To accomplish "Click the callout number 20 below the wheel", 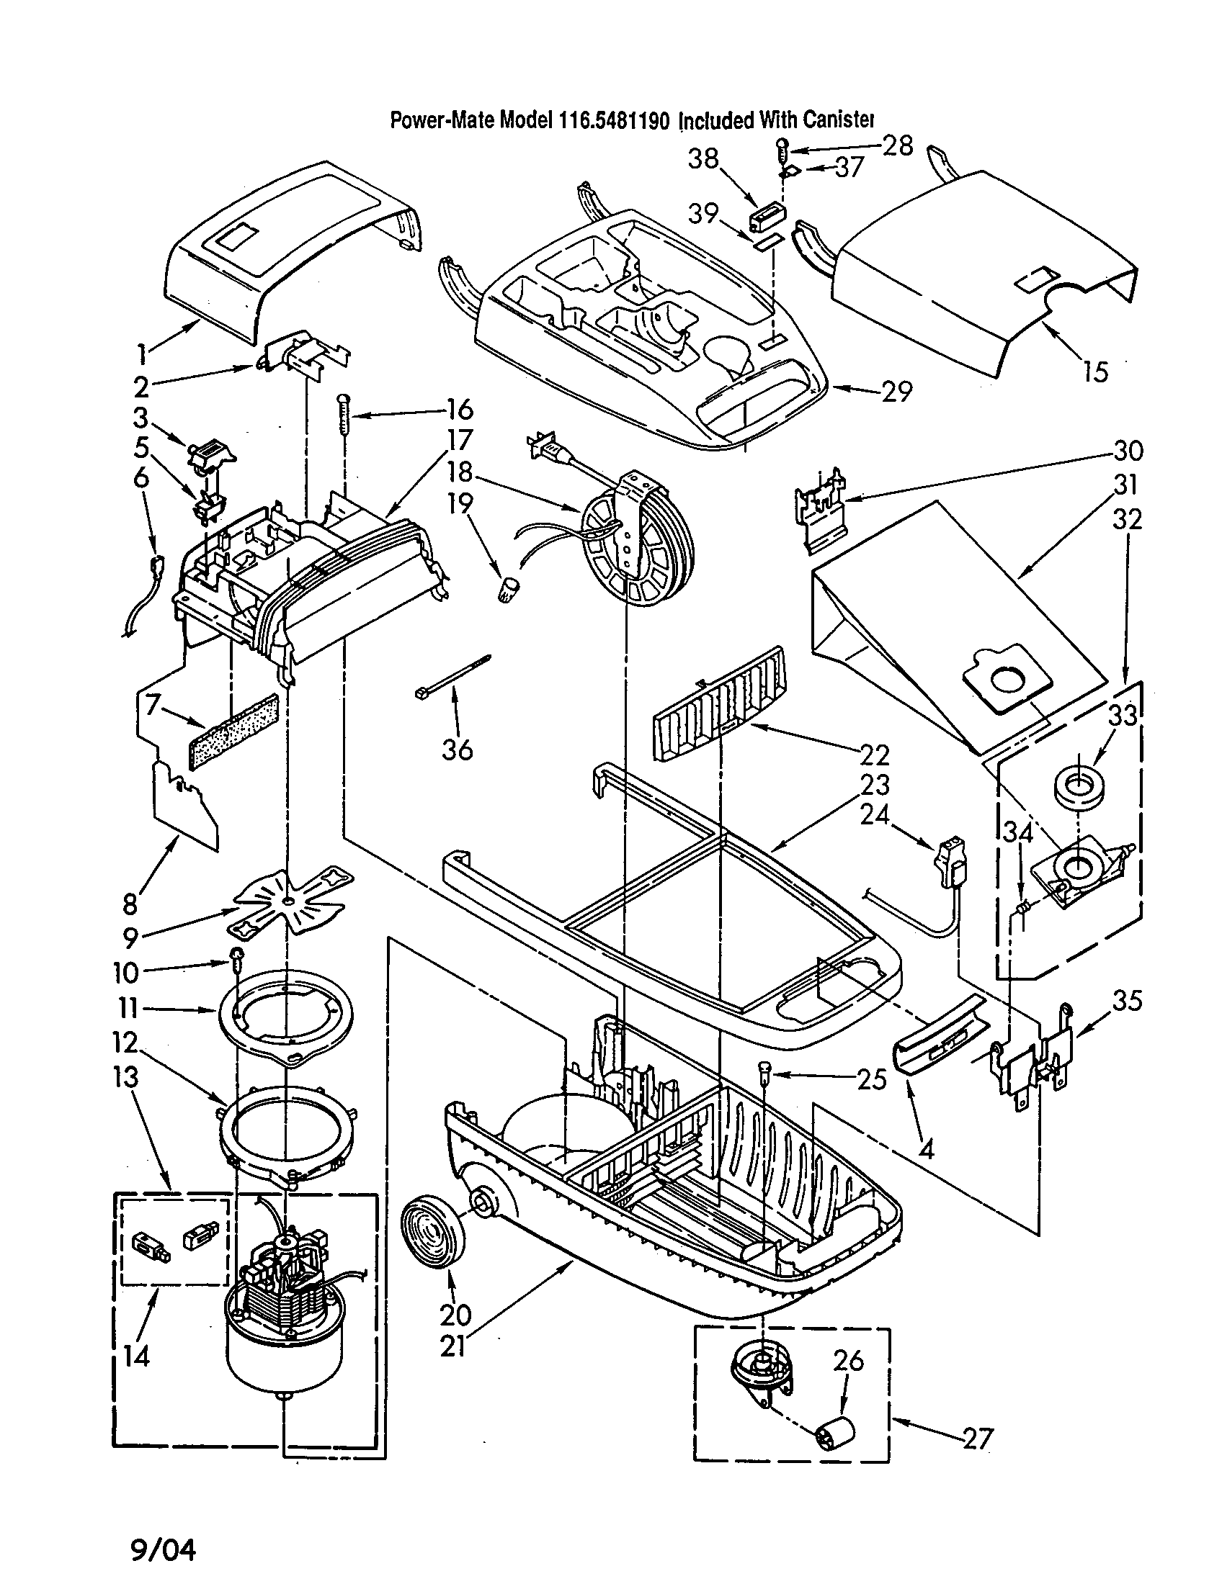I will (x=455, y=1313).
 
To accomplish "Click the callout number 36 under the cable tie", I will (x=458, y=749).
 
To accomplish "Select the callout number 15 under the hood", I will (x=1096, y=372).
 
